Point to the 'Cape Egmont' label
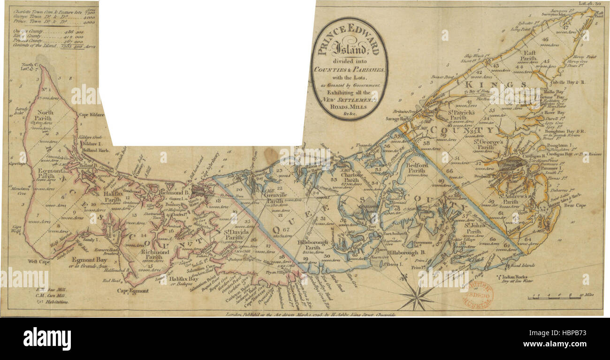pyautogui.click(x=130, y=291)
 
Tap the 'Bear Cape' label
pyautogui.click(x=572, y=205)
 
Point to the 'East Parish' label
pyautogui.click(x=533, y=56)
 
